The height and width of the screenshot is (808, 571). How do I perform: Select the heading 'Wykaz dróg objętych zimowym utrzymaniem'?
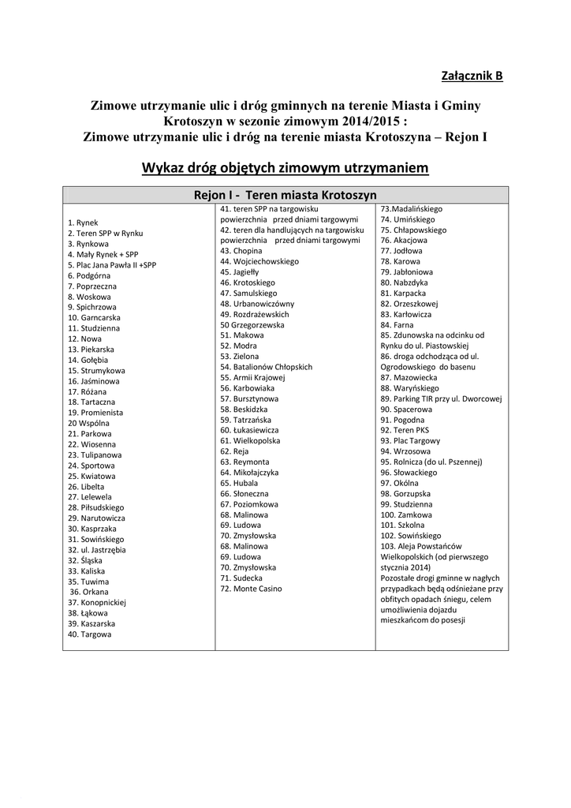285,168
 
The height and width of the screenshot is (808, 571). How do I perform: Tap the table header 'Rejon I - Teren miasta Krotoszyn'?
285,194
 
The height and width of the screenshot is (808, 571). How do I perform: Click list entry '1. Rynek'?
83,223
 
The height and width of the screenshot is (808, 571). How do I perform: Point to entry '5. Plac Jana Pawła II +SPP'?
112,265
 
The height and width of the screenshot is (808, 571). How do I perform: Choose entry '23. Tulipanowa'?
95,455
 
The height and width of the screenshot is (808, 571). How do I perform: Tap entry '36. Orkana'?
89,592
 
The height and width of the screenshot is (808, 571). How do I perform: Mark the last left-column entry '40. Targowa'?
90,634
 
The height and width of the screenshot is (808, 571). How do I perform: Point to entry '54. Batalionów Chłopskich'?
267,367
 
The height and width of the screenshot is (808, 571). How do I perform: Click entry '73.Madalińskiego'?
412,208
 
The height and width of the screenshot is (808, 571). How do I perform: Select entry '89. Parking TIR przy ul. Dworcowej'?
441,398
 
